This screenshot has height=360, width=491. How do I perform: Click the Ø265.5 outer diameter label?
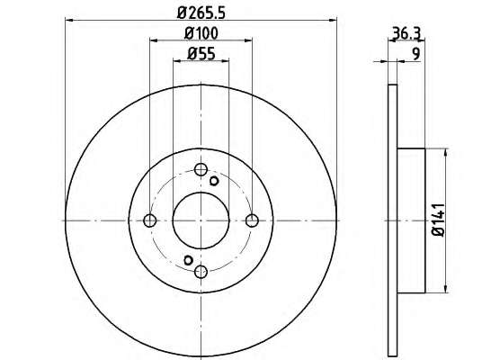click(x=201, y=13)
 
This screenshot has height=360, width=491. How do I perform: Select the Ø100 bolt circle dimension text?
click(x=201, y=33)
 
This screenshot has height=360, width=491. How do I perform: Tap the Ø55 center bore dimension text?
click(x=201, y=54)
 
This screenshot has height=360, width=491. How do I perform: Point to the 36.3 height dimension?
click(x=406, y=33)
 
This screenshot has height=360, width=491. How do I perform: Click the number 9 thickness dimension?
click(x=415, y=54)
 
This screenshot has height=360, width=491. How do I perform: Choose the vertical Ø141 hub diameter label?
click(x=438, y=220)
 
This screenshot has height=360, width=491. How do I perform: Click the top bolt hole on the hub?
click(x=201, y=169)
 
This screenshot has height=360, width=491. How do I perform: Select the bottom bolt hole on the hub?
click(x=201, y=272)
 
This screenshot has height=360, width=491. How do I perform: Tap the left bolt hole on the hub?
click(x=149, y=220)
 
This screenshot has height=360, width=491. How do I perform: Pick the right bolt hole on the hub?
click(x=252, y=220)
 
